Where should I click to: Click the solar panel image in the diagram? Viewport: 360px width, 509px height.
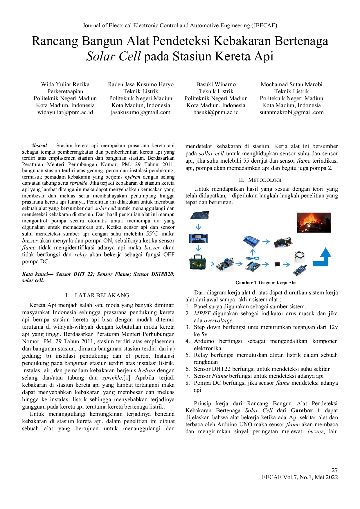(199, 215)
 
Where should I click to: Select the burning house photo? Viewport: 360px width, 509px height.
(314, 222)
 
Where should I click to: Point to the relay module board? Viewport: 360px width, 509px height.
(251, 241)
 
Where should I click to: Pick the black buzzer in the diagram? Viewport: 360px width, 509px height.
(276, 264)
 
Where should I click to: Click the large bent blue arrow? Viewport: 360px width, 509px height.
(322, 257)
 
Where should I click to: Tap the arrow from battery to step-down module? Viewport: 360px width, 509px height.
(211, 264)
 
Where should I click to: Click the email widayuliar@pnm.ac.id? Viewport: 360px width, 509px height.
(65, 112)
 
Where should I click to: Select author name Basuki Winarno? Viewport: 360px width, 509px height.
(216, 84)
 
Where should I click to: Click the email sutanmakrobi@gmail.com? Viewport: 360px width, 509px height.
(291, 112)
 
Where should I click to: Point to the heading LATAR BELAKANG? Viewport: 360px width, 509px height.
(102, 296)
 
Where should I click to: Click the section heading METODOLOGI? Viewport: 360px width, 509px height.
(265, 180)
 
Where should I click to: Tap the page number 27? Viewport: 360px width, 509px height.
(335, 470)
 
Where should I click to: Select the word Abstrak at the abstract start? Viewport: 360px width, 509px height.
(39, 145)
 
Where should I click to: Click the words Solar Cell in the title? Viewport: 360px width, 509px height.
(114, 56)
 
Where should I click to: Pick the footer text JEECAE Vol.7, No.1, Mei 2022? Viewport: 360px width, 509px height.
(299, 477)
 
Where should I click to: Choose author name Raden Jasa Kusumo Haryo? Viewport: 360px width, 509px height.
(141, 84)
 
